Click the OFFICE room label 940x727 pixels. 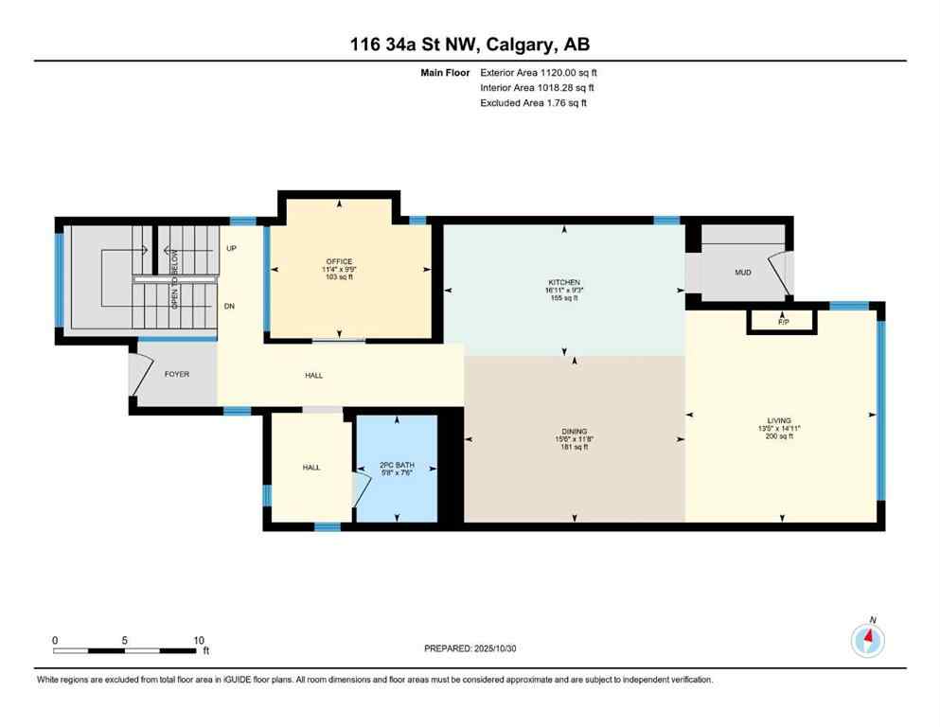click(x=339, y=262)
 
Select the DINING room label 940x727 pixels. click(x=574, y=431)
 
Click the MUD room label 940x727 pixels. click(x=743, y=274)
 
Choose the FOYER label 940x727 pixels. click(x=177, y=375)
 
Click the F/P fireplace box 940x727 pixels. click(x=783, y=322)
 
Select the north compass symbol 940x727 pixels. click(x=867, y=641)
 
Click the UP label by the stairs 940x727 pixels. click(x=231, y=249)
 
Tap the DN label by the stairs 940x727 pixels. click(x=229, y=307)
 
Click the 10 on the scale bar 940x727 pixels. click(x=198, y=640)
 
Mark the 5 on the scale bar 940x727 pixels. click(x=125, y=640)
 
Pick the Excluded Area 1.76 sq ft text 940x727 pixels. click(x=553, y=103)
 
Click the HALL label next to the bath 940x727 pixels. click(x=312, y=468)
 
